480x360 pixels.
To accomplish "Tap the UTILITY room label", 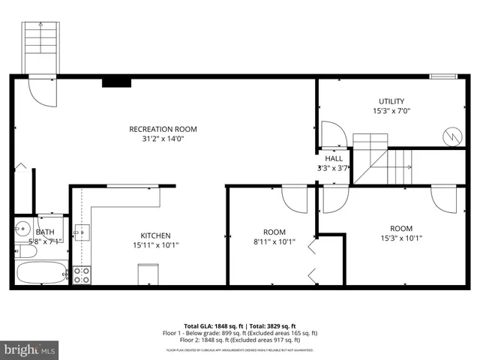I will coord(391,101).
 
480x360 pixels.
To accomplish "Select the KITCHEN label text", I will coord(155,235).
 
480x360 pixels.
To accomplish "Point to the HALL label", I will coord(334,159).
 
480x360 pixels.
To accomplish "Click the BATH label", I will coord(45,232).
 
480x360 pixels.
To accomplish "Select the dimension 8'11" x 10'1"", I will coord(274,241).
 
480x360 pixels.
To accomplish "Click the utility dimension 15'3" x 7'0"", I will coord(391,111).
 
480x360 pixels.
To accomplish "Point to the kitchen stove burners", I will coord(82,274).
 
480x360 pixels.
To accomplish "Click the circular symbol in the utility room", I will coord(452,136).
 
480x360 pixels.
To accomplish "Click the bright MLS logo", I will coord(30,349).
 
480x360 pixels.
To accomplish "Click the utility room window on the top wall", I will coord(443,76).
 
